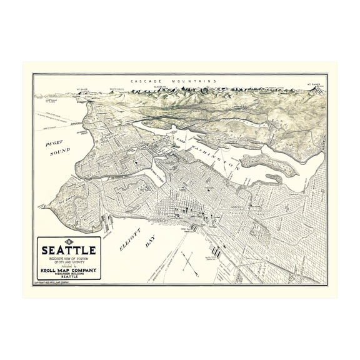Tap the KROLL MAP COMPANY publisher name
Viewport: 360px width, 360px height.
(69, 269)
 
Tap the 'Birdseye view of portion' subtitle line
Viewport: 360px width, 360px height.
(69, 259)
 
